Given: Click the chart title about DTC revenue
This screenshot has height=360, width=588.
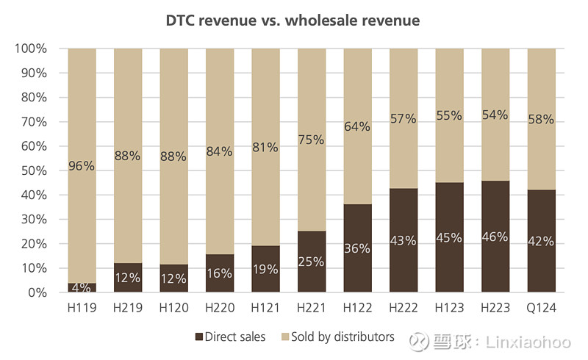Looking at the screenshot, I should (x=293, y=21).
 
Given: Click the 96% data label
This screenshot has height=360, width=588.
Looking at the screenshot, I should (x=82, y=166).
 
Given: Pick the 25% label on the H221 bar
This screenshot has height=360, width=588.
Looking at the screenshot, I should (x=312, y=262).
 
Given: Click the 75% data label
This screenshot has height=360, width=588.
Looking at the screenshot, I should (x=312, y=140).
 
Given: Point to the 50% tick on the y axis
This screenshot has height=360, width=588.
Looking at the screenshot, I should (x=33, y=170).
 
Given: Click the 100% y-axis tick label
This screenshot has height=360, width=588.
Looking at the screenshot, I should (x=30, y=48).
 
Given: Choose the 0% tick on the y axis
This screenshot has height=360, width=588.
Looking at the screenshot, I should (x=37, y=292).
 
